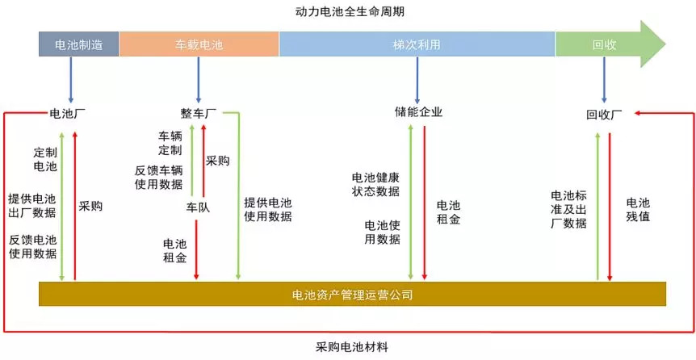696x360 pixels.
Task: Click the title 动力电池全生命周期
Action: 350,12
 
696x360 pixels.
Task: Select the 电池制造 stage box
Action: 79,44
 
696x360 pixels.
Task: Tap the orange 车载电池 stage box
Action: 199,44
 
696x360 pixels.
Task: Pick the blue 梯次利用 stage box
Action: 417,44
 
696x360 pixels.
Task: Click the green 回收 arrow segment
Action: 610,44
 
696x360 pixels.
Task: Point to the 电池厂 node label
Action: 68,114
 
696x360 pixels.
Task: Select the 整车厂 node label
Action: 199,114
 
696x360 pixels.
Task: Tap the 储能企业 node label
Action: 418,111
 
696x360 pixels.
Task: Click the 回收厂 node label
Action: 604,115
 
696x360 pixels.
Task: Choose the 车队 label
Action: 198,207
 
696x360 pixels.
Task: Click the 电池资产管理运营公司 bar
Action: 352,294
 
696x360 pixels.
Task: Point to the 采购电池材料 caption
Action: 352,347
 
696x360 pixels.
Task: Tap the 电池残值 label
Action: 639,210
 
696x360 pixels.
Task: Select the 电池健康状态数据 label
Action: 375,185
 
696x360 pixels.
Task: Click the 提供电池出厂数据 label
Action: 32,206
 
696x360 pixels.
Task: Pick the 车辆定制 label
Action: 170,143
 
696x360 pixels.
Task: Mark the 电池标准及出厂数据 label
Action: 568,210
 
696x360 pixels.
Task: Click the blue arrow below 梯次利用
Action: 417,81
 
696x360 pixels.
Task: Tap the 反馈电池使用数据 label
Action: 33,247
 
